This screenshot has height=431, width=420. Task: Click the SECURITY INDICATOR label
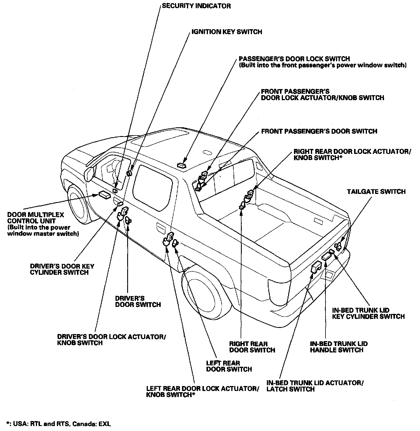point(196,6)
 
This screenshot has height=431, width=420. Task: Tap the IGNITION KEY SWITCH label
point(227,32)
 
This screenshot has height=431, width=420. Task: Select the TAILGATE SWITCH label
point(376,192)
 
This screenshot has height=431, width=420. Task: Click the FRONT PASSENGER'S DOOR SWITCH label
point(319,131)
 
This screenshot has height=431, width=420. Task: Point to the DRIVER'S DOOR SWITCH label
point(138,301)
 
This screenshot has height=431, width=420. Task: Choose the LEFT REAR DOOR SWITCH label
point(229,366)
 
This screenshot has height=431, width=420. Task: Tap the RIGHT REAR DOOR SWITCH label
point(252,347)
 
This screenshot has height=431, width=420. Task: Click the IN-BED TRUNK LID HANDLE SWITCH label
point(339,347)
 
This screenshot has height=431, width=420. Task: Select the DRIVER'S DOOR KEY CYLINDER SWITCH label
point(62,269)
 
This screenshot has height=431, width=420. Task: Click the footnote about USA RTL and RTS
point(59,424)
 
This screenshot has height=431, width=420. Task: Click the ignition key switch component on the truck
point(129,173)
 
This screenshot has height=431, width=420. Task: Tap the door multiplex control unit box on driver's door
point(104,195)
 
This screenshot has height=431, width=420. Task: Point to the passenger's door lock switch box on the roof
point(181,165)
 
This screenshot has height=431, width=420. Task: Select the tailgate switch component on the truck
point(338,246)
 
